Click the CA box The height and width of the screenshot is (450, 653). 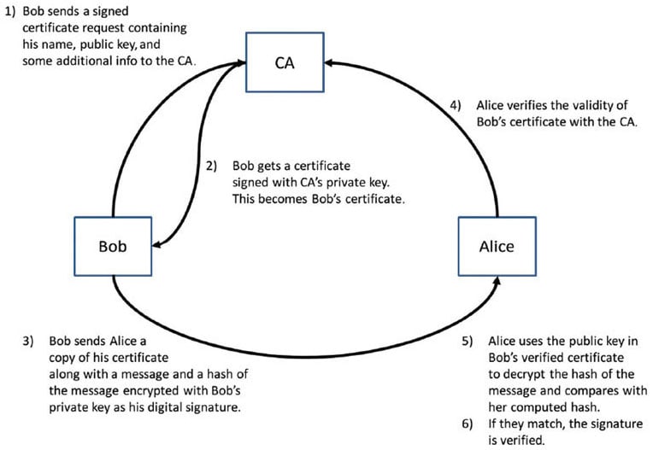(285, 62)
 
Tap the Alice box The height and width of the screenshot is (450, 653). (497, 246)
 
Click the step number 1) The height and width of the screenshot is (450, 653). (11, 13)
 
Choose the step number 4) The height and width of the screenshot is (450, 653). (456, 105)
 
